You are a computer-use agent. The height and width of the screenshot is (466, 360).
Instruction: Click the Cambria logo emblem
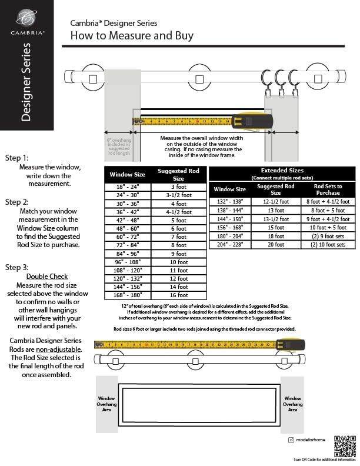tap(25, 18)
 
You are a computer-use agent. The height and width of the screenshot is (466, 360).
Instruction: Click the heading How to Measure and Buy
tap(132, 36)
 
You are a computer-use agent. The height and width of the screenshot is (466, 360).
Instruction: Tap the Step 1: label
tap(16, 158)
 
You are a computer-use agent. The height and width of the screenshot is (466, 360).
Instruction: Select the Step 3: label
tap(16, 267)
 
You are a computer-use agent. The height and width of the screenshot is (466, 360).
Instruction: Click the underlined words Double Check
tap(47, 276)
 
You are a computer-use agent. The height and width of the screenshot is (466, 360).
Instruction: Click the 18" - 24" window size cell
tap(127, 187)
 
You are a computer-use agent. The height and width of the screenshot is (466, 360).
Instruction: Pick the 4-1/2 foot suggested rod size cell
tap(178, 212)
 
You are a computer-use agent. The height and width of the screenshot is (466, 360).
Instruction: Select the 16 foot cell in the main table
tap(178, 295)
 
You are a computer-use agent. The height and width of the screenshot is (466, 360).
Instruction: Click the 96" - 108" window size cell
tap(127, 261)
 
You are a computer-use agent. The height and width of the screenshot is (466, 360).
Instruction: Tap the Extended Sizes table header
tap(282, 170)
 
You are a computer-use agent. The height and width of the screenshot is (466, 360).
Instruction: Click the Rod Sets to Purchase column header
tap(328, 189)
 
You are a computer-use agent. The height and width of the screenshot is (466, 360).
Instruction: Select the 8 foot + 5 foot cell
tap(328, 209)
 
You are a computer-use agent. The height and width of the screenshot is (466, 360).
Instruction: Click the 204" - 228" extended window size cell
tap(229, 244)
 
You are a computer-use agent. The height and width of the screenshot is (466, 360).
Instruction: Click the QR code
tap(345, 445)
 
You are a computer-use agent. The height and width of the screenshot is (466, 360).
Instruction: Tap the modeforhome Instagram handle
tap(312, 440)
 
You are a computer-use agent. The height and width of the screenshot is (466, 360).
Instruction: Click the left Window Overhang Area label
tap(106, 404)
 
